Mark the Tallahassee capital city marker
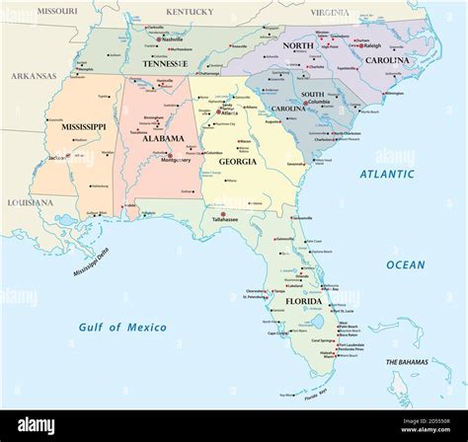223,215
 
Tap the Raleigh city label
371,45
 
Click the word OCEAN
405,264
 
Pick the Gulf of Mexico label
123,327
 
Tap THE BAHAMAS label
405,363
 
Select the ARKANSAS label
34,76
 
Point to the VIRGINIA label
329,12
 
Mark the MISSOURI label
57,10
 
